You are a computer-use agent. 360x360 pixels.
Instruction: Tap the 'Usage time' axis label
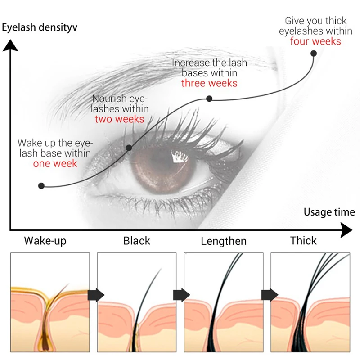click(329, 212)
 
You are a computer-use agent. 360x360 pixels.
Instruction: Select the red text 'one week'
click(55, 164)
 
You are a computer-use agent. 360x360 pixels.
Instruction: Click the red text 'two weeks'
click(119, 119)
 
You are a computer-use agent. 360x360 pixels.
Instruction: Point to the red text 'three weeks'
click(209, 83)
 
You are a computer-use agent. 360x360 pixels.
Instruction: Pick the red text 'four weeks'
click(315, 41)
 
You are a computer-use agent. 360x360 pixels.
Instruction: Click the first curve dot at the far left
click(41, 185)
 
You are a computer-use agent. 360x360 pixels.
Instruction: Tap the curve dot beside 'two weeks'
click(129, 148)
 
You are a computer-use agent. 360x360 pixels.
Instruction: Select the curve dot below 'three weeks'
click(209, 98)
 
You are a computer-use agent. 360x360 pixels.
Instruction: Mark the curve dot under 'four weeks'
click(314, 53)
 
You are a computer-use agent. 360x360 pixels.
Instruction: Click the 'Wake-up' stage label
click(45, 241)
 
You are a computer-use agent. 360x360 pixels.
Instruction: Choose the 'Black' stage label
click(137, 241)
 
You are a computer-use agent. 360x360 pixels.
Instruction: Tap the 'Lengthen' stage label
click(224, 241)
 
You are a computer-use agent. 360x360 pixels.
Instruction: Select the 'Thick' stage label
click(304, 241)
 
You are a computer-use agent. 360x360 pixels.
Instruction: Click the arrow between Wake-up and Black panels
click(96, 295)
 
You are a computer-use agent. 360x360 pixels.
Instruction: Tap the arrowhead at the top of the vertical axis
click(10, 45)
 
